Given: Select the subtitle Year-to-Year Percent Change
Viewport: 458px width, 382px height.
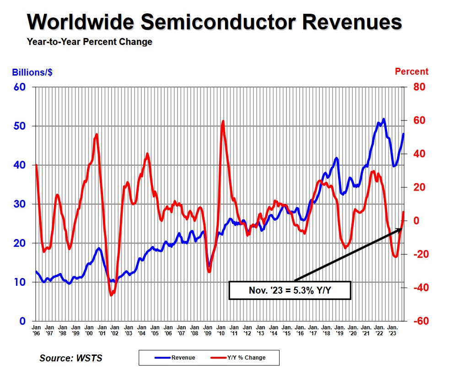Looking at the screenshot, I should pos(89,42).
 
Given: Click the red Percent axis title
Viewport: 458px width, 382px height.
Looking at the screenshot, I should pos(411,72).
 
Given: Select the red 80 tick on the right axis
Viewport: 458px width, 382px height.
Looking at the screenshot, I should pos(420,87).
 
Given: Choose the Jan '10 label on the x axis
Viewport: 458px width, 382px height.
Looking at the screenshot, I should pos(221,330).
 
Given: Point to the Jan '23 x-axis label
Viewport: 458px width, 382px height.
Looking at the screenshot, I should pos(392,330).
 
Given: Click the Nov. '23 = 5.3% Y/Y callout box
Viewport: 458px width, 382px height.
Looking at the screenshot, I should pos(289,290).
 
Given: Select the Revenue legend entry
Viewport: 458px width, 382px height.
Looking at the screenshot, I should pos(174,357).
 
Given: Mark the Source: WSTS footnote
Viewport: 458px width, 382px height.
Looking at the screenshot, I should pos(71,358).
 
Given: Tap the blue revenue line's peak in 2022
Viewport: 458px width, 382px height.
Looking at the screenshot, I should pos(383,119).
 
